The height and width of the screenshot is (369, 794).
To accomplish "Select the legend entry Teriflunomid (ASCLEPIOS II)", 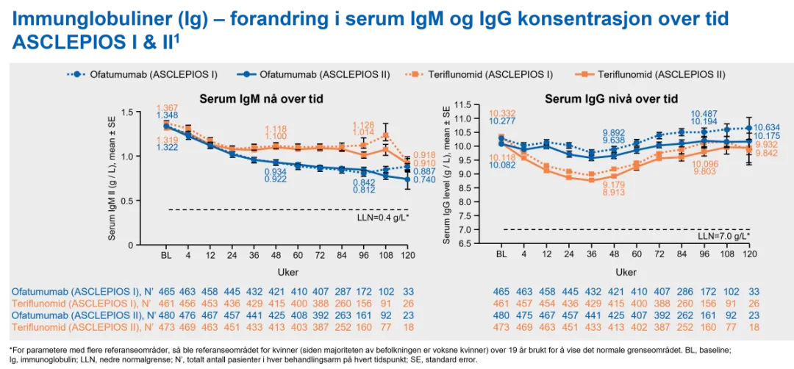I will coord(661,74).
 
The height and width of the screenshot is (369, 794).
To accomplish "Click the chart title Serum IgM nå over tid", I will coord(262,98).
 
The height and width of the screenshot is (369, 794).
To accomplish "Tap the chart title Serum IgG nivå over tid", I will coord(611,98).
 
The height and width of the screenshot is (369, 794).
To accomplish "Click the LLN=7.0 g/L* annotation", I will coord(723,236).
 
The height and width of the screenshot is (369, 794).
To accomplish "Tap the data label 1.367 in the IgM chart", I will coord(168,107).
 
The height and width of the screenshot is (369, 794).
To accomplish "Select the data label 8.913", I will coord(614,193).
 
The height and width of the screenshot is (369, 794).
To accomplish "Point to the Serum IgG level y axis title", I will coord(448,174).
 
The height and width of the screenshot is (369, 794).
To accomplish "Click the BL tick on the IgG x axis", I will coord(501,254).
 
